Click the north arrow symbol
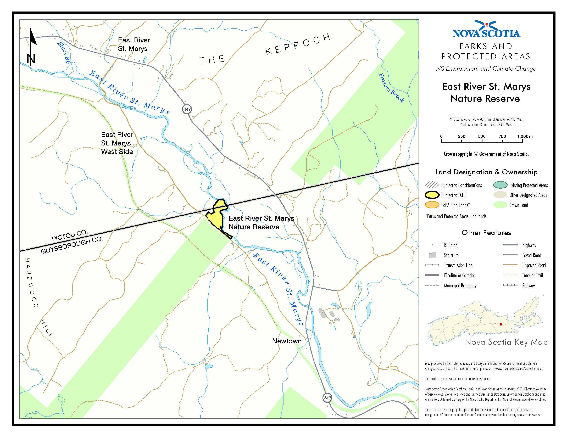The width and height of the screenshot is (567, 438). coord(31,47)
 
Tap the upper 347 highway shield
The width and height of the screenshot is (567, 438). coord(187,109)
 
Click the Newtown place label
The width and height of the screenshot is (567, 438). coord(287,341)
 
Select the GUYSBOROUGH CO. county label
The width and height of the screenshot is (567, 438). coord(72,245)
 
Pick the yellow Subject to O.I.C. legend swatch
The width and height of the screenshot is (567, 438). coord(432,195)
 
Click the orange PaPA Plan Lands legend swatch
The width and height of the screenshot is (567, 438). coord(432,205)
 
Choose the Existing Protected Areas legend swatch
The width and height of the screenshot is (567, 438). coord(500,185)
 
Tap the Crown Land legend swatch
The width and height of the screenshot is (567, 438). coord(500,205)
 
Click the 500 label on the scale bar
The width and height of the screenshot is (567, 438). coord(482,136)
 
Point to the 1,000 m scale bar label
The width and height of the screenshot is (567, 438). coord(524,136)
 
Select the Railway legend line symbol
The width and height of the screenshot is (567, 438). coord(510,285)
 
